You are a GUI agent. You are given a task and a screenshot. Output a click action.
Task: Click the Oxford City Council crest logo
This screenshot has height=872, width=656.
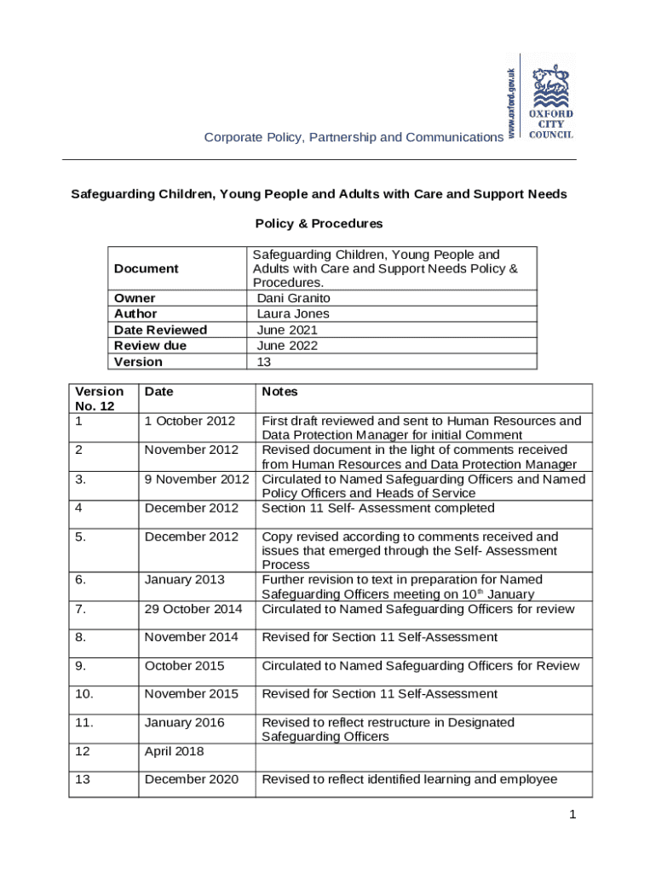point(551,100)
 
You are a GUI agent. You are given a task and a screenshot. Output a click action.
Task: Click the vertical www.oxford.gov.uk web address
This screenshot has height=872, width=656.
point(510,102)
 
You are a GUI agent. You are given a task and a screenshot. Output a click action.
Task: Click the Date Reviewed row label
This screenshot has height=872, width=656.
point(160,330)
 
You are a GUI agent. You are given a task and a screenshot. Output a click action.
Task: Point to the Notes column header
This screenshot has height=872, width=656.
point(279,392)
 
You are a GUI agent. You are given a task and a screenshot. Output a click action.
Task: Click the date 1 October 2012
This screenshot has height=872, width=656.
point(189,421)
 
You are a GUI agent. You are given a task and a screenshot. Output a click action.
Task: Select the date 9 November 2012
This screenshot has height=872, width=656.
point(197,479)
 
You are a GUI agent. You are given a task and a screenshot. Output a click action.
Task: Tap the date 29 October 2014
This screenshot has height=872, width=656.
point(193,609)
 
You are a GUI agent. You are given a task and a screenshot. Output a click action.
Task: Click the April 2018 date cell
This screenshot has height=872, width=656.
point(173,751)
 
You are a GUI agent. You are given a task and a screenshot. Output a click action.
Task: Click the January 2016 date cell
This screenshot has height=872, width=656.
point(184,722)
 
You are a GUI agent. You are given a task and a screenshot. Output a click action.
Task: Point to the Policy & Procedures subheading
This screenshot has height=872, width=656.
point(319,224)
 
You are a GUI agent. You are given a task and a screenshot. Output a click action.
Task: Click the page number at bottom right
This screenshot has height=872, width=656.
point(573,816)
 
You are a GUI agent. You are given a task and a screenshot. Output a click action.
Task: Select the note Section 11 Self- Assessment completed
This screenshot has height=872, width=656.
point(377,508)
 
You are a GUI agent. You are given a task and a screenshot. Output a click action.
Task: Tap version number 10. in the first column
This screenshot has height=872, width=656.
point(85,694)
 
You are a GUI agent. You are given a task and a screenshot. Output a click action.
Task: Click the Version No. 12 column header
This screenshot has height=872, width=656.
point(99,399)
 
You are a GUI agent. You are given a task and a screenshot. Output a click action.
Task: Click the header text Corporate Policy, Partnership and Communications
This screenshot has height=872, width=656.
point(353,137)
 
